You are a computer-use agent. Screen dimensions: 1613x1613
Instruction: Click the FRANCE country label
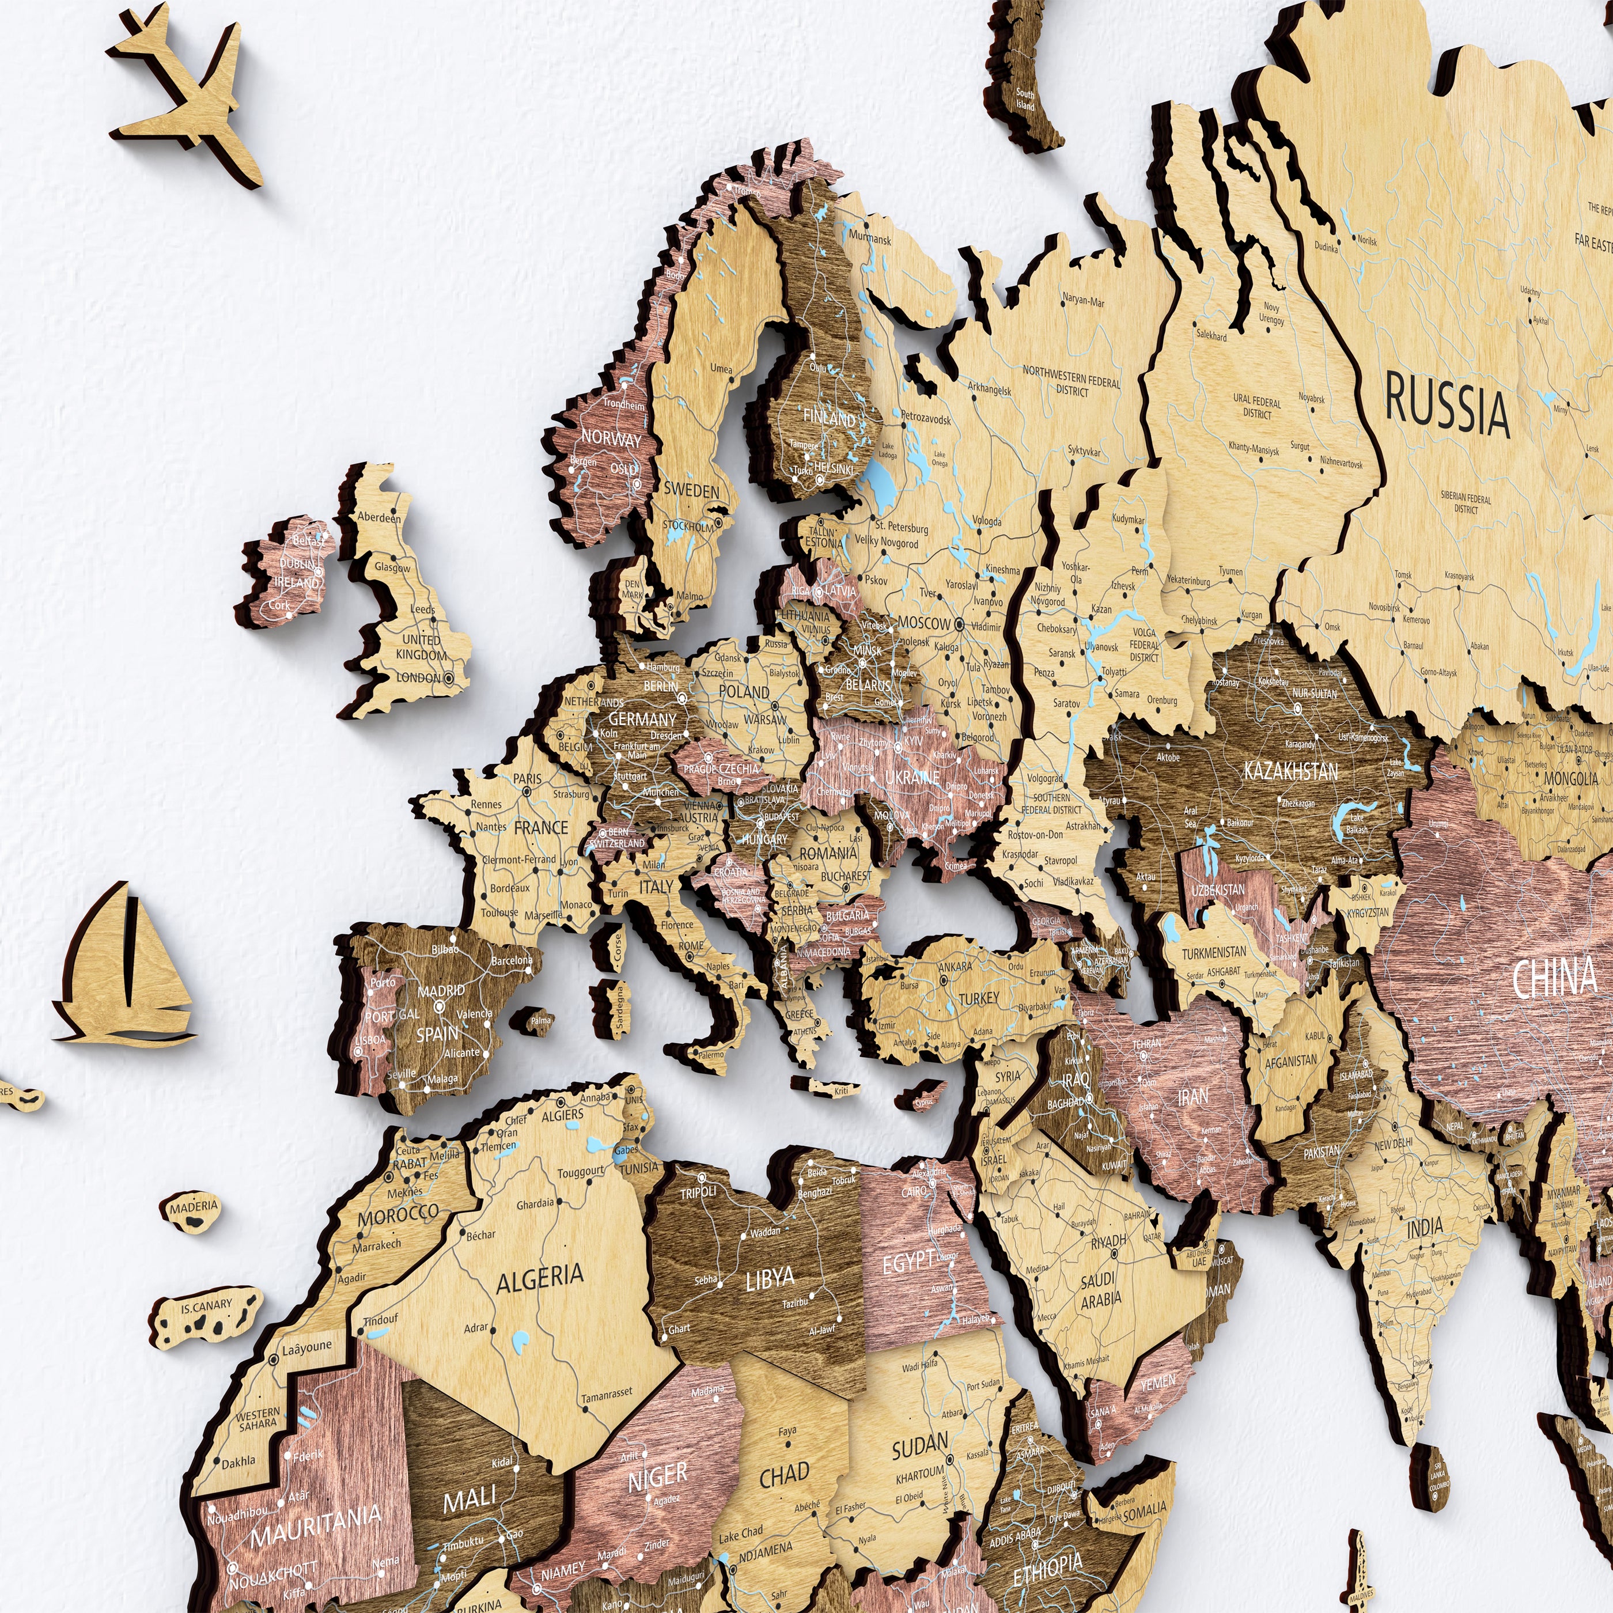tap(541, 827)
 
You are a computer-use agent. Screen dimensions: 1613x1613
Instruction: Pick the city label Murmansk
tap(870, 240)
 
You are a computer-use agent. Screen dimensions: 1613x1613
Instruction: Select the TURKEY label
tap(979, 998)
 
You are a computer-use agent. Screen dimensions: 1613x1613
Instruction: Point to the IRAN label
tap(1192, 1097)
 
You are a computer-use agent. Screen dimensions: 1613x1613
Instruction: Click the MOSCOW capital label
tap(924, 623)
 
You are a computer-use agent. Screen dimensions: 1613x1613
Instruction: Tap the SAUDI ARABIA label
tap(1100, 1289)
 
